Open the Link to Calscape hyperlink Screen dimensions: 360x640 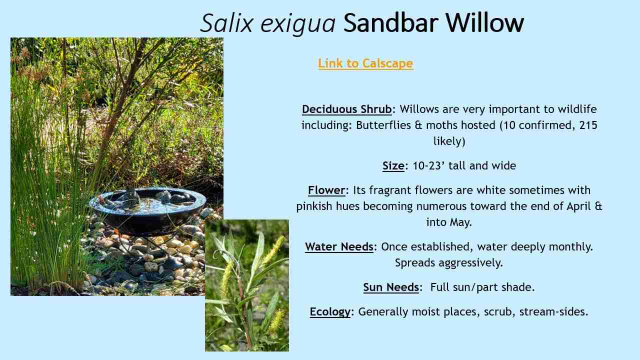pyautogui.click(x=365, y=63)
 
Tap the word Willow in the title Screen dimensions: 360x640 pyautogui.click(x=484, y=23)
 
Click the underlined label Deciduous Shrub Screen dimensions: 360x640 pyautogui.click(x=346, y=109)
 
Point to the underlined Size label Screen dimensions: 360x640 pyautogui.click(x=393, y=166)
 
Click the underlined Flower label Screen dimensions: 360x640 pyautogui.click(x=326, y=190)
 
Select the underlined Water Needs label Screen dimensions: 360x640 pyautogui.click(x=339, y=247)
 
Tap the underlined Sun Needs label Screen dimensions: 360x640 pyautogui.click(x=390, y=287)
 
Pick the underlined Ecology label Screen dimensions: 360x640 pyautogui.click(x=329, y=312)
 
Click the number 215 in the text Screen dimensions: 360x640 pyautogui.click(x=588, y=125)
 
